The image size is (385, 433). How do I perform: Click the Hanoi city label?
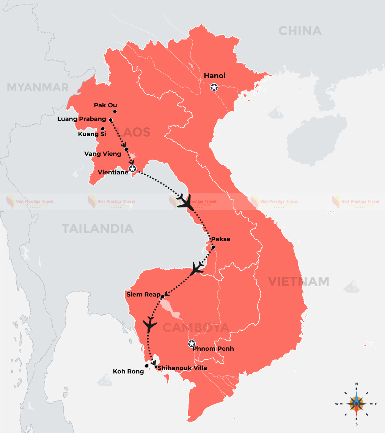215,76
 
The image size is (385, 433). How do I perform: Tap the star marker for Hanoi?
214,87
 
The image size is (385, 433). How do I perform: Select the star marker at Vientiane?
132,169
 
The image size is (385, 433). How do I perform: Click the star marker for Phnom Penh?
192,344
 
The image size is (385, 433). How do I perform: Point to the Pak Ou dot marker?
115,111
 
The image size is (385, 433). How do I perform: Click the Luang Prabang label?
82,119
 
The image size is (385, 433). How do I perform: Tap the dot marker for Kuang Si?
103,129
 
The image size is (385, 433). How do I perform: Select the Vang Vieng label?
103,154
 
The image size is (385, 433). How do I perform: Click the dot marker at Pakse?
213,247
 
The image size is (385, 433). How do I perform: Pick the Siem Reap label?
143,294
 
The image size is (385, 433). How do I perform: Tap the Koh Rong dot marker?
147,366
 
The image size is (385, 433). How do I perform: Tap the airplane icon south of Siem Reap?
150,324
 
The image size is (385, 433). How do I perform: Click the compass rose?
356,404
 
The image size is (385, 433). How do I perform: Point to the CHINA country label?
300,31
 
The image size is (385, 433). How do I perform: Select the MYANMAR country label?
38,87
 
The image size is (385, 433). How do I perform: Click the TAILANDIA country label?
98,229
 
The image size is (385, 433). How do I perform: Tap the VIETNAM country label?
299,281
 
